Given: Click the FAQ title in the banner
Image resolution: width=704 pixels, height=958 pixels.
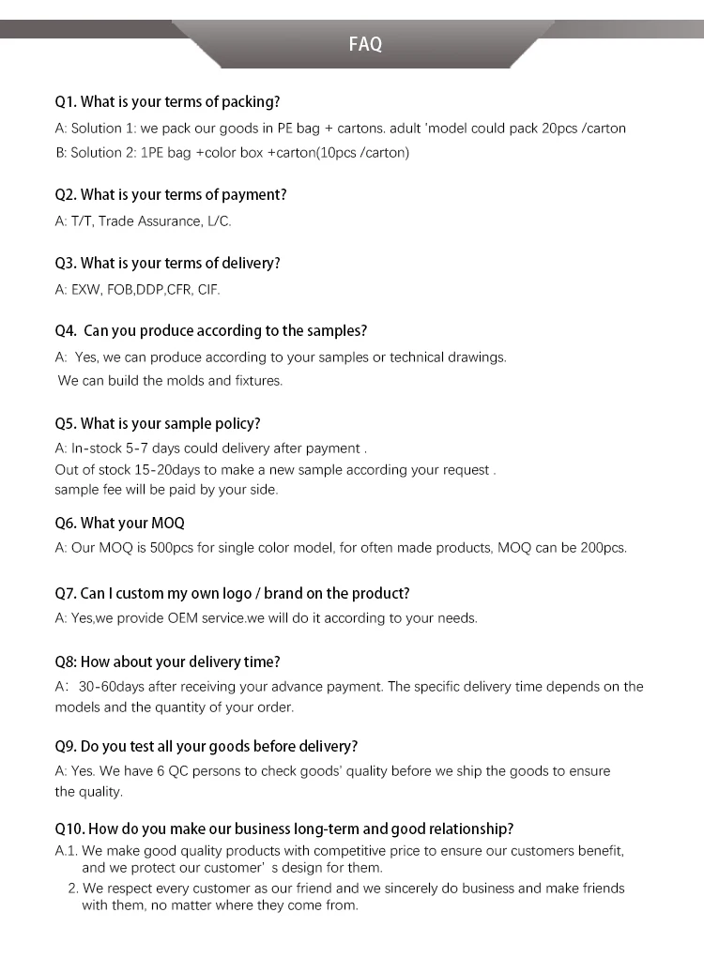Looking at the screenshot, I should pos(365,44).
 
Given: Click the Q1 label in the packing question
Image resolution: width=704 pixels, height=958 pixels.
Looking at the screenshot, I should pos(65,101).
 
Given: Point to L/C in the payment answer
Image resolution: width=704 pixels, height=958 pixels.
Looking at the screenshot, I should pos(218,221).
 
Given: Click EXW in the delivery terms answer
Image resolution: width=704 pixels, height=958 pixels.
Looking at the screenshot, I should pos(85,290).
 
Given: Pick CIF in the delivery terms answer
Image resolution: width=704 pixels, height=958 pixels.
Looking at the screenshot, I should pos(208,290).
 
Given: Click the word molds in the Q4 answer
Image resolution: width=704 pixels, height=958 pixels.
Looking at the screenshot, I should pos(185,381).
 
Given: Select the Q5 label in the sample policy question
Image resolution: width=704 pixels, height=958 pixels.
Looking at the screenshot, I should pos(65,423).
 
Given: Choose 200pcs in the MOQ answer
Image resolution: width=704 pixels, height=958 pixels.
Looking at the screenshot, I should pos(603,548).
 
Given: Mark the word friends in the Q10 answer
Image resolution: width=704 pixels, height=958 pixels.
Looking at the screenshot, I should pos(601,888).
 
